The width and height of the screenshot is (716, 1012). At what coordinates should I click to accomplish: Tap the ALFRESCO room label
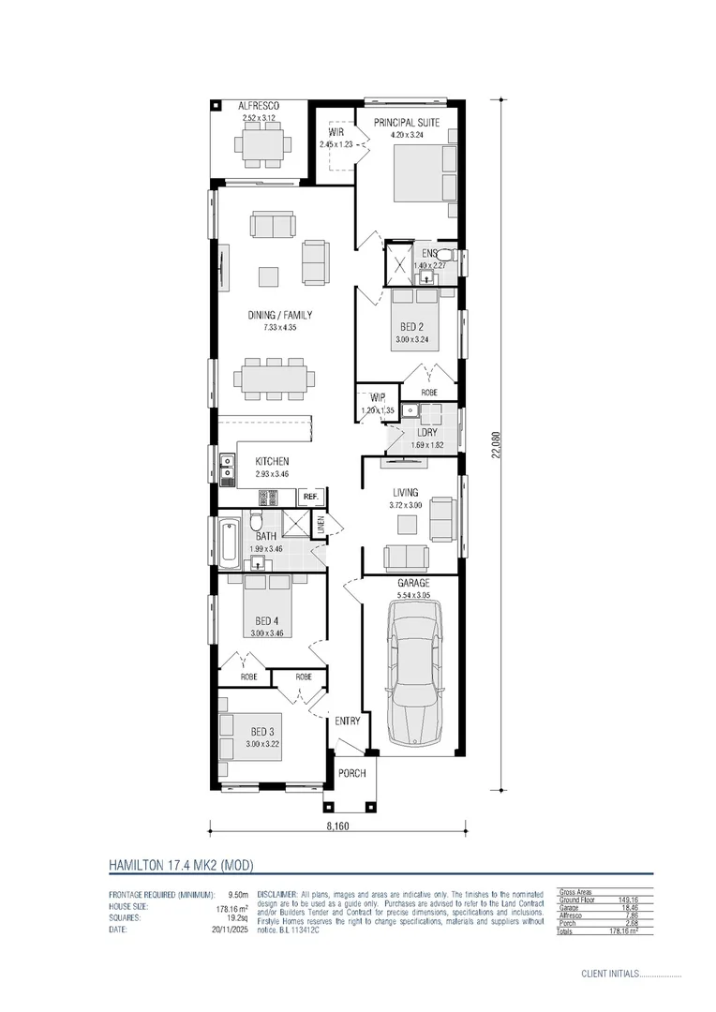coord(260,108)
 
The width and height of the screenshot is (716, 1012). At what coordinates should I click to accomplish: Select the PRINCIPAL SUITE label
coord(407,123)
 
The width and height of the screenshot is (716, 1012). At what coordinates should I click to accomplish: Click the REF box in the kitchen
coord(311,497)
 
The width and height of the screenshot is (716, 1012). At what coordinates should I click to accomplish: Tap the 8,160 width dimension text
coord(339,827)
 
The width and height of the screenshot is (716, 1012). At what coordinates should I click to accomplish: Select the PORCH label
coord(351,773)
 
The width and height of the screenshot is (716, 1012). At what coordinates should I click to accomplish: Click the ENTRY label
coord(347,722)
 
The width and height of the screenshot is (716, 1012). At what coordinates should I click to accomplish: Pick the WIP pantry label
coord(378,398)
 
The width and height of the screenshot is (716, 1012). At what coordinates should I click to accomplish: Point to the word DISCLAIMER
coord(276,895)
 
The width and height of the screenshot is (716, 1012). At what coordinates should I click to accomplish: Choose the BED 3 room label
coord(263,732)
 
